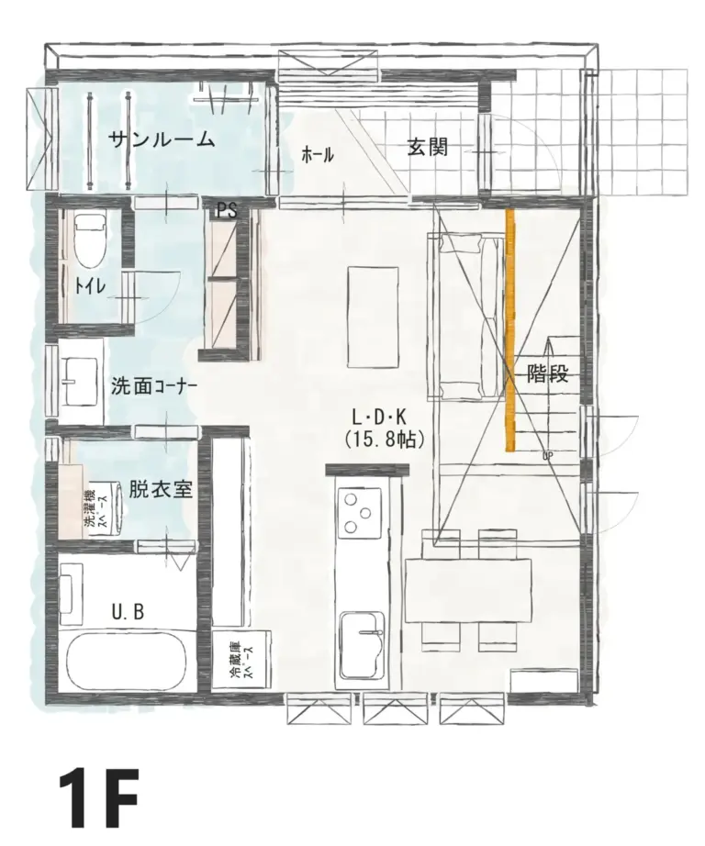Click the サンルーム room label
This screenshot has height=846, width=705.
tap(162, 140)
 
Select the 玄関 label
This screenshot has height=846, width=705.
tap(428, 146)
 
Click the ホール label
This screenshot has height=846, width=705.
tap(318, 155)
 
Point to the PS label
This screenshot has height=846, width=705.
tap(227, 211)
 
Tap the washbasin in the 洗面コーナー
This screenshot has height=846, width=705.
tap(81, 379)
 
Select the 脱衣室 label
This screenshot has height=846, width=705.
tap(160, 488)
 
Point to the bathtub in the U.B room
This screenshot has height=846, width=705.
tap(128, 661)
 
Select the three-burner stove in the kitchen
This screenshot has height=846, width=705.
tap(361, 512)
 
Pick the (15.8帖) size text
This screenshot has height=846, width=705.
tap(384, 440)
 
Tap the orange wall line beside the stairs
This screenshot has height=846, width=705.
tap(509, 330)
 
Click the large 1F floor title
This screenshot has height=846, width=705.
tap(99, 798)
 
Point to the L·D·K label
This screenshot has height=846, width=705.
tap(384, 417)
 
